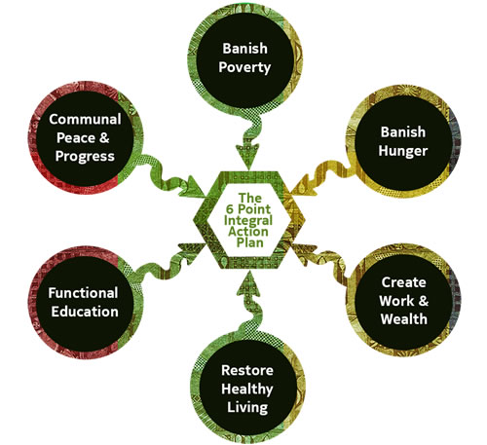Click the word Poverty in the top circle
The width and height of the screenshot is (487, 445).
[x=244, y=68]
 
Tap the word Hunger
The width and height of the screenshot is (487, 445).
[x=403, y=151]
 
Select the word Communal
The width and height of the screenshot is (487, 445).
[x=85, y=120]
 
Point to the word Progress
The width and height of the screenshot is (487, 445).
[x=85, y=157]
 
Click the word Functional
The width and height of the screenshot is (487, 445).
[x=83, y=293]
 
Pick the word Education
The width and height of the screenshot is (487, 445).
[x=85, y=312]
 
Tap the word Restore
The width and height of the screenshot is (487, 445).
[x=247, y=371]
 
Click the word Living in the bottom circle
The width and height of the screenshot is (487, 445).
[x=247, y=408]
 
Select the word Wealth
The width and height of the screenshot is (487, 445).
[x=404, y=319]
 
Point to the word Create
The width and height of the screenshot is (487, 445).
[x=403, y=282]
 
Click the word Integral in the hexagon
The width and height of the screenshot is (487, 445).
[x=248, y=221]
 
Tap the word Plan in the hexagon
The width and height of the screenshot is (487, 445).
[x=249, y=242]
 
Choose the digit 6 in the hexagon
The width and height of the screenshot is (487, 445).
[x=230, y=209]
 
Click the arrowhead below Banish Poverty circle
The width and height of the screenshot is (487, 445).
[x=247, y=156]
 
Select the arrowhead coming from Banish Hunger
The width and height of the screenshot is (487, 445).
[x=303, y=187]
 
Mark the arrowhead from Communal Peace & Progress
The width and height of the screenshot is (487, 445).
[x=193, y=187]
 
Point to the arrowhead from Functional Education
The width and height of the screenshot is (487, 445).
[x=192, y=252]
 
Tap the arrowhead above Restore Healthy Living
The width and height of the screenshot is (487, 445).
[x=249, y=283]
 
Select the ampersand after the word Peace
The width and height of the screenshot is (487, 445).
[x=104, y=138]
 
